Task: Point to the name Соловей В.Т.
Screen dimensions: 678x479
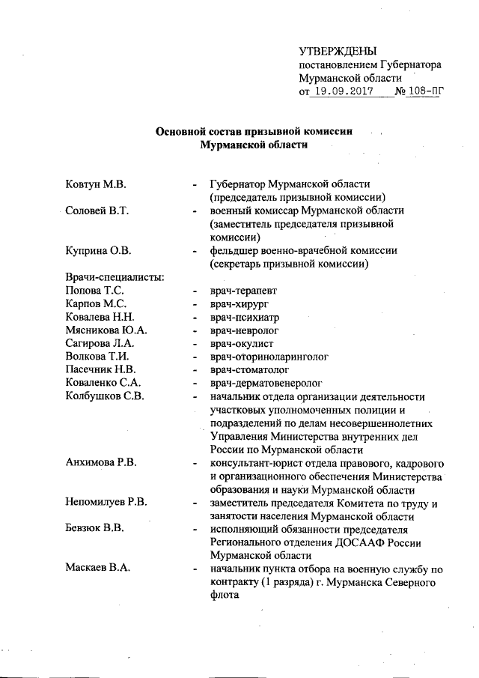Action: coord(98,211)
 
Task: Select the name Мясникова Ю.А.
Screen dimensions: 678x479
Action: coord(106,331)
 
